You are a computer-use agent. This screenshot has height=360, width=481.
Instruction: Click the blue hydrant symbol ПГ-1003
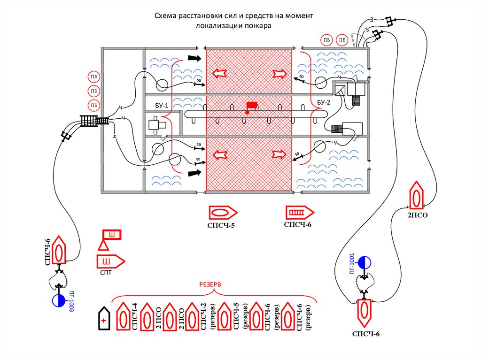click(59, 300)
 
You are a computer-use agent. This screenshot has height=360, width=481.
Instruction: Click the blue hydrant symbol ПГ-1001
click(365, 262)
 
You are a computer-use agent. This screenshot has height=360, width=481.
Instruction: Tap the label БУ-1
click(162, 106)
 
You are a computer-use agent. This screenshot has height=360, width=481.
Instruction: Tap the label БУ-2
click(323, 102)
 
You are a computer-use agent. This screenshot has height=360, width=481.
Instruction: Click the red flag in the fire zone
click(252, 105)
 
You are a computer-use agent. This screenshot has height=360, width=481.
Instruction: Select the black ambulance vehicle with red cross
click(104, 318)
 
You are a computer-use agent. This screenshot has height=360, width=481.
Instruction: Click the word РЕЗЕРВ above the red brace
click(210, 284)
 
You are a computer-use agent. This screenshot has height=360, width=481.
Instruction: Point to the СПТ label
click(106, 273)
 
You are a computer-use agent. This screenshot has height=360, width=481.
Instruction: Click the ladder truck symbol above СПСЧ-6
click(300, 212)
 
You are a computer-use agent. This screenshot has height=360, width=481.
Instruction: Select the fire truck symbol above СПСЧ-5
click(223, 213)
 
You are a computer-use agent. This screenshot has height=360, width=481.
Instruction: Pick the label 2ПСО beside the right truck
click(418, 215)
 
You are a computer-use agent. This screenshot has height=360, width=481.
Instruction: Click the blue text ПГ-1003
click(71, 301)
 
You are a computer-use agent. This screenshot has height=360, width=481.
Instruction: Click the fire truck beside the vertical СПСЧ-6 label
click(59, 250)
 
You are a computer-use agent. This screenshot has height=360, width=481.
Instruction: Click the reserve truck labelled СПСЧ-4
click(123, 316)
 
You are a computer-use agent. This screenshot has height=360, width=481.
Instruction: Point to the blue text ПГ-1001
click(352, 264)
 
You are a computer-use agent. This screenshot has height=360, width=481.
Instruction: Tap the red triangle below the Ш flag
click(104, 245)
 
